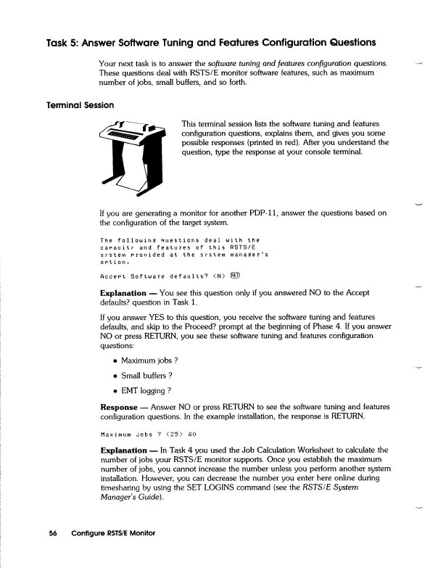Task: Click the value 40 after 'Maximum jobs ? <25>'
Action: coord(191,435)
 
